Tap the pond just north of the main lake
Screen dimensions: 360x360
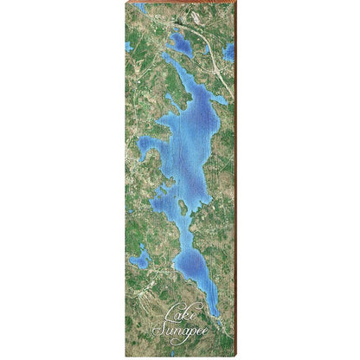pyautogui.click(x=181, y=42)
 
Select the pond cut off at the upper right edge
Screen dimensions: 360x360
pyautogui.click(x=229, y=52)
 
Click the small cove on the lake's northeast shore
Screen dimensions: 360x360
pyautogui.click(x=220, y=100)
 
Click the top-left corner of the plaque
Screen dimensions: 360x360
pyautogui.click(x=125, y=3)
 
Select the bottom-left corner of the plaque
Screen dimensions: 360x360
pyautogui.click(x=125, y=356)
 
